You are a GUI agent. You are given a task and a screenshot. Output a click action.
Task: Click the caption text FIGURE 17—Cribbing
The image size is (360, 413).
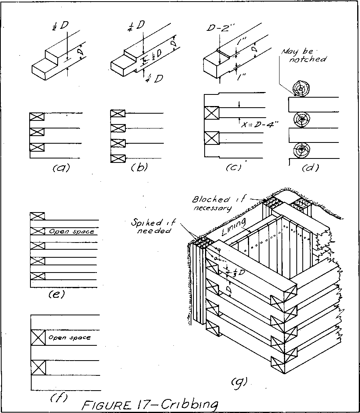pos(150,404)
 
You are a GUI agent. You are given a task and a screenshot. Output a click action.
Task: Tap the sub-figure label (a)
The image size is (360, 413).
pos(61,168)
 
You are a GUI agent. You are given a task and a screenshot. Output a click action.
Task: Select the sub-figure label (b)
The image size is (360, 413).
pos(139,168)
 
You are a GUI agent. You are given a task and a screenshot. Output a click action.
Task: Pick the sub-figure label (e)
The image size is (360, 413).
pos(56,295)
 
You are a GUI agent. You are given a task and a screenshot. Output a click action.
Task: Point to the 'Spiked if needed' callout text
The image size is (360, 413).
pos(153,227)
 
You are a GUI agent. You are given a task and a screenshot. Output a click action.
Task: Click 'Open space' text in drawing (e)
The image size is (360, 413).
pos(70,232)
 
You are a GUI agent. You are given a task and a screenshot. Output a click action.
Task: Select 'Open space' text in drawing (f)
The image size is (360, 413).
pos(70,338)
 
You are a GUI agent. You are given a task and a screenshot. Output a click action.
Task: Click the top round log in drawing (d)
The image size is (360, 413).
pos(301,88)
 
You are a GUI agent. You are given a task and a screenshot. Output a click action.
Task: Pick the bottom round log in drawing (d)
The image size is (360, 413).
pos(301,150)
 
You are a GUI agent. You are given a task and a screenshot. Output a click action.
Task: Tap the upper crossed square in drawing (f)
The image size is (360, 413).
pos(38,338)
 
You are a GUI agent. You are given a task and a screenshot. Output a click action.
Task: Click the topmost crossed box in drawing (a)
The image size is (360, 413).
pos(37,117)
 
